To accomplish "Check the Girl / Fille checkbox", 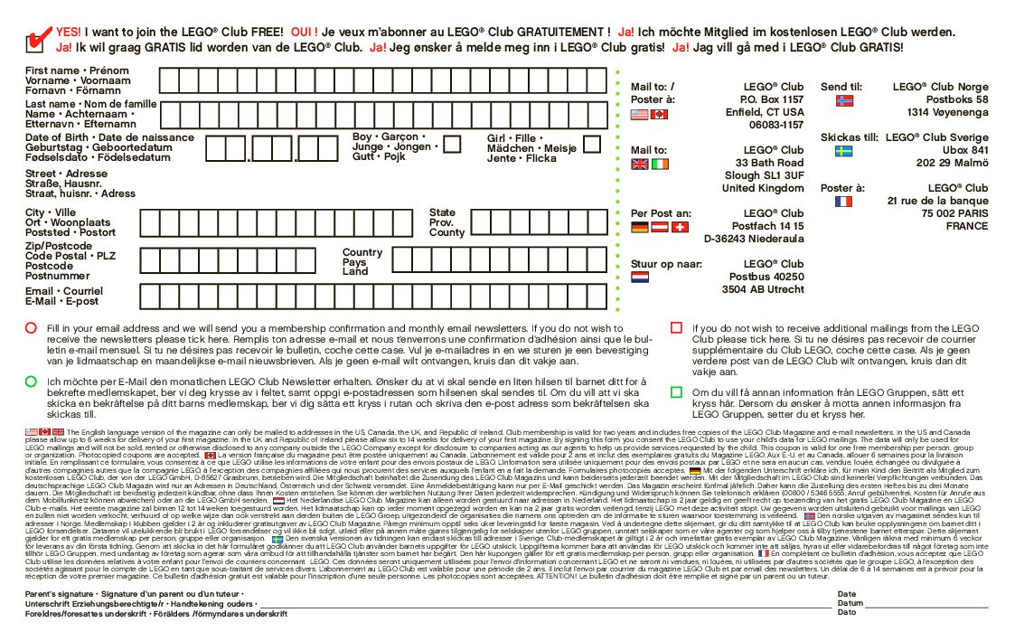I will click(x=591, y=143).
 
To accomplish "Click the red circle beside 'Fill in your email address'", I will click(x=31, y=328).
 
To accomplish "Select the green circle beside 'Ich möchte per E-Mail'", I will click(x=31, y=382).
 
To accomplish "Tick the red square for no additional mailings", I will click(x=676, y=328).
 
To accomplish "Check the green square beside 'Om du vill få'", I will click(x=676, y=392).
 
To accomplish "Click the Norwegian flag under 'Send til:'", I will click(x=844, y=100).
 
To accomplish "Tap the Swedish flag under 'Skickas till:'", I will click(x=844, y=151).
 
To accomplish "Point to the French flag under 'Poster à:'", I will click(x=844, y=202).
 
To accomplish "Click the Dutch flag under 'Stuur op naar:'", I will click(x=639, y=278).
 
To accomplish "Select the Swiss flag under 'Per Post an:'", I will click(x=681, y=227).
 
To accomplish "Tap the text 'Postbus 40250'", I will click(x=766, y=277).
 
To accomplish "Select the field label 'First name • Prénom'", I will click(x=77, y=71).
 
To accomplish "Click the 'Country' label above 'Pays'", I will click(x=362, y=252).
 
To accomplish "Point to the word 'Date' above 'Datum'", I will click(x=846, y=594).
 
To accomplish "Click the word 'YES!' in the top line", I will click(x=68, y=32).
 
